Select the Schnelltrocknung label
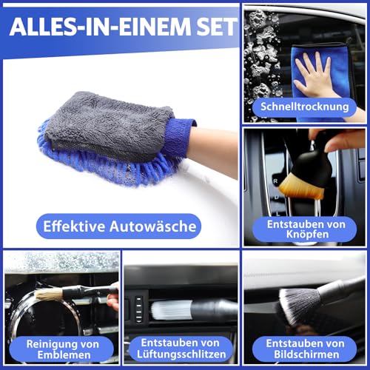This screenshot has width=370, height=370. click(x=304, y=107)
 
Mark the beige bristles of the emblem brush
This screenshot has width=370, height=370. click(x=47, y=295)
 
